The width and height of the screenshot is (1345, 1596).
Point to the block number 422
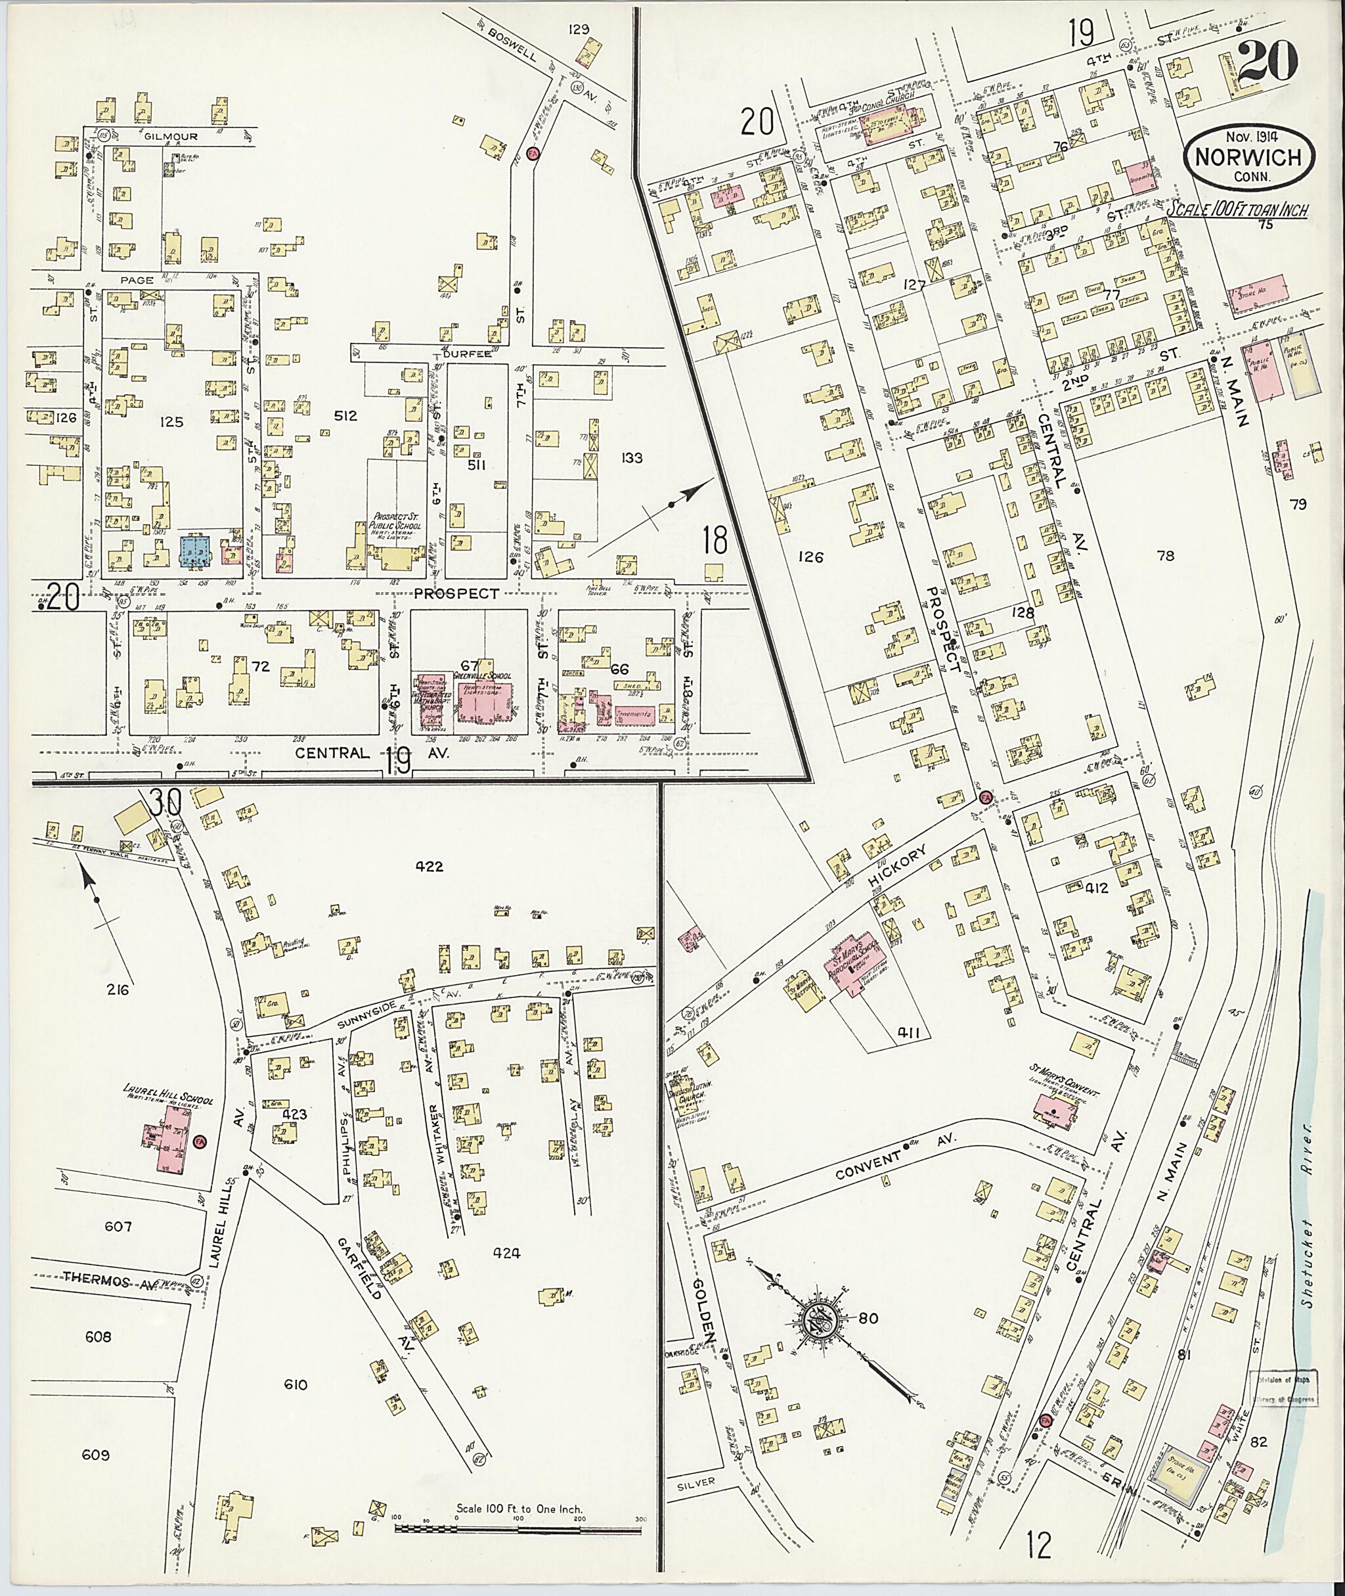click(430, 866)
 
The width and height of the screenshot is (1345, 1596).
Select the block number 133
click(631, 458)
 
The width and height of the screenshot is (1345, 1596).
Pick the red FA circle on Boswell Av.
click(534, 152)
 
